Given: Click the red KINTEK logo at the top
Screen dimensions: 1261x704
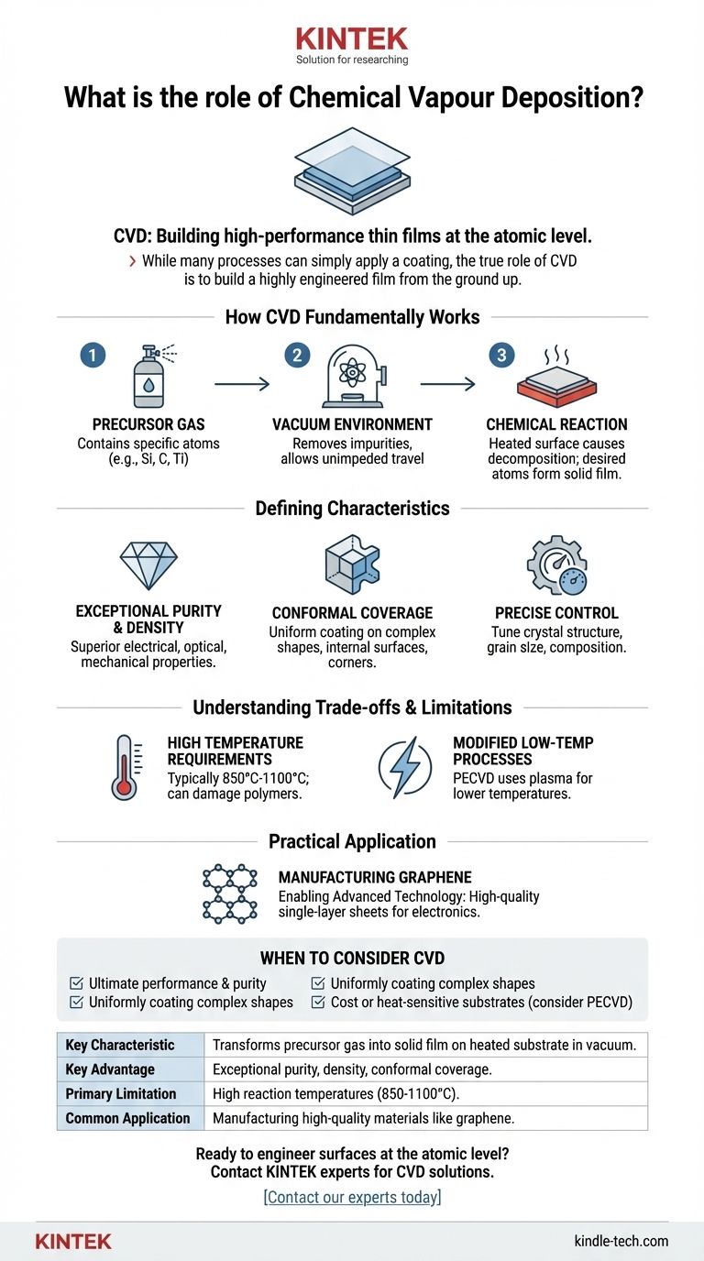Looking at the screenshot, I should (x=352, y=39).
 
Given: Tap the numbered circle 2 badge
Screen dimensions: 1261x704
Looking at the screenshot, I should (x=296, y=355).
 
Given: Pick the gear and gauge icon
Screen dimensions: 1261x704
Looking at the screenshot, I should (x=555, y=565).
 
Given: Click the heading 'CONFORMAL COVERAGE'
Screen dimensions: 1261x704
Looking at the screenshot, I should (x=352, y=613).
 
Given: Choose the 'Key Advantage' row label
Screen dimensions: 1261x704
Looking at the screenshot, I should (x=109, y=1069).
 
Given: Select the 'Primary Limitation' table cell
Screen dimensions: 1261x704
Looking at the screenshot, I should (x=120, y=1093).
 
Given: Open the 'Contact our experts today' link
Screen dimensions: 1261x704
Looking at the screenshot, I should (x=352, y=1197).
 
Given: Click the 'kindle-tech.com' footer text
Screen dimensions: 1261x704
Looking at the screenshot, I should (x=621, y=1242).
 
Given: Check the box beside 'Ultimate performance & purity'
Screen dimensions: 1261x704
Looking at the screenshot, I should (x=77, y=983).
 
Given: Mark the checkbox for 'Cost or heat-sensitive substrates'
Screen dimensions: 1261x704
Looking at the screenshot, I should (x=318, y=1002).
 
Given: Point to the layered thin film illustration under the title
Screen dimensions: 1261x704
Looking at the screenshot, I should (x=352, y=172).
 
